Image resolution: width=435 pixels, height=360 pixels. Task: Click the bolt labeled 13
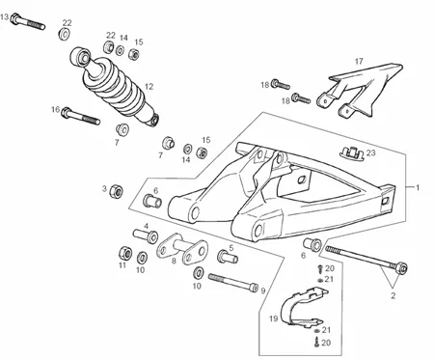27,22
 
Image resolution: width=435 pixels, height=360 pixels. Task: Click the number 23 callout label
370,152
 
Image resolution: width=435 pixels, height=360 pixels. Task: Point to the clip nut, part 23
352,152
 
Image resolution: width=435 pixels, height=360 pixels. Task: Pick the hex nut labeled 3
116,191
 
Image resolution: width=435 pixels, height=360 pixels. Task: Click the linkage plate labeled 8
182,248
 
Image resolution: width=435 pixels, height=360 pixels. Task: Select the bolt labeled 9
233,282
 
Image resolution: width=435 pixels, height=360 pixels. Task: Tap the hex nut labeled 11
124,253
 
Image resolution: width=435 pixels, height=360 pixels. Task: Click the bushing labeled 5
228,257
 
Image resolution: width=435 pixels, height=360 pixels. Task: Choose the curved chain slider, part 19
302,307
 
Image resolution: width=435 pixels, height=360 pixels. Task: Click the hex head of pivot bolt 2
401,267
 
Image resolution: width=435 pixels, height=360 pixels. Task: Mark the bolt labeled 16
80,116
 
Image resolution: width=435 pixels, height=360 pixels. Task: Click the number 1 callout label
418,187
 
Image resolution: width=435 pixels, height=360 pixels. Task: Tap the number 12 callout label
149,87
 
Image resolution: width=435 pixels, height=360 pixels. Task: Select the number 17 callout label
359,61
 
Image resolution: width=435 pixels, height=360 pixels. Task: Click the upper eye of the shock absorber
80,58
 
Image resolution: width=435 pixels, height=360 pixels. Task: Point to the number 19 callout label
273,318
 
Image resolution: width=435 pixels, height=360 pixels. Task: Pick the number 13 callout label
4,17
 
